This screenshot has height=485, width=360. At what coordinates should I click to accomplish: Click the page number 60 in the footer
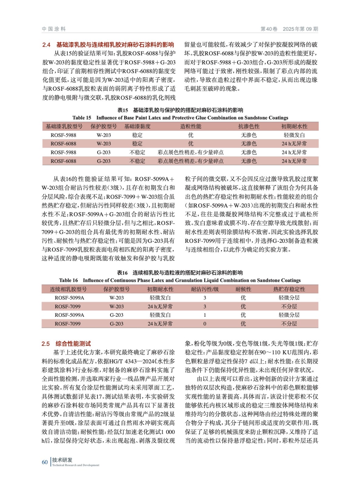pos(45,462)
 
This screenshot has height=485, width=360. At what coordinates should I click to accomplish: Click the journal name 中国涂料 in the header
pos(54,29)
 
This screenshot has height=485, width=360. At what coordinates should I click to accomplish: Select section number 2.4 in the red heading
pos(46,45)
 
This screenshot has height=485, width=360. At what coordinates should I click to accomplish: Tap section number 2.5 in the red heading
pos(45,344)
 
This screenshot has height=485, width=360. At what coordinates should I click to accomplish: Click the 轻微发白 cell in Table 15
pos(294,135)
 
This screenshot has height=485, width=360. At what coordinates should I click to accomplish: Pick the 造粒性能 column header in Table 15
pos(190,126)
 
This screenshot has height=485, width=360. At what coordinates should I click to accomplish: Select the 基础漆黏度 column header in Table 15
pos(137,126)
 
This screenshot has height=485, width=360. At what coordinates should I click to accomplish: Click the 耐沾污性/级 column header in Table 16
pos(205,289)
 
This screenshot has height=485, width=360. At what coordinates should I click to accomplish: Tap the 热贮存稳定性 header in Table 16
pos(289,289)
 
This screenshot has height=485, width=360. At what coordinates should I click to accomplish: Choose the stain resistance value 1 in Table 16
pos(205,315)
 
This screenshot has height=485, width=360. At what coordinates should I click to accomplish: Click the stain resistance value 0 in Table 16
pos(205,324)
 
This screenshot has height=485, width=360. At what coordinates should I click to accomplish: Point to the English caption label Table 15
pos(82,118)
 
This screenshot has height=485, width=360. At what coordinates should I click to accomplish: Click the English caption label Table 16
pos(68,280)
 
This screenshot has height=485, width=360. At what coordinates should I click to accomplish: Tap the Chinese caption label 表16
pos(122,273)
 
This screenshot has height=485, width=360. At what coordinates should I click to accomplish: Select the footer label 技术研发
pos(62,460)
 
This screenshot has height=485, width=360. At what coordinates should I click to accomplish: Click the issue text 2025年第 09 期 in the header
pos(300,29)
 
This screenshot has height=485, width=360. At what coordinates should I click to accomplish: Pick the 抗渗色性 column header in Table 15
pos(249,126)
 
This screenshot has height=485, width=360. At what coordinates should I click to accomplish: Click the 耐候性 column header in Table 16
pos(243,289)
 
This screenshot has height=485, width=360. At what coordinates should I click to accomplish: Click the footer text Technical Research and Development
pos(76,465)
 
